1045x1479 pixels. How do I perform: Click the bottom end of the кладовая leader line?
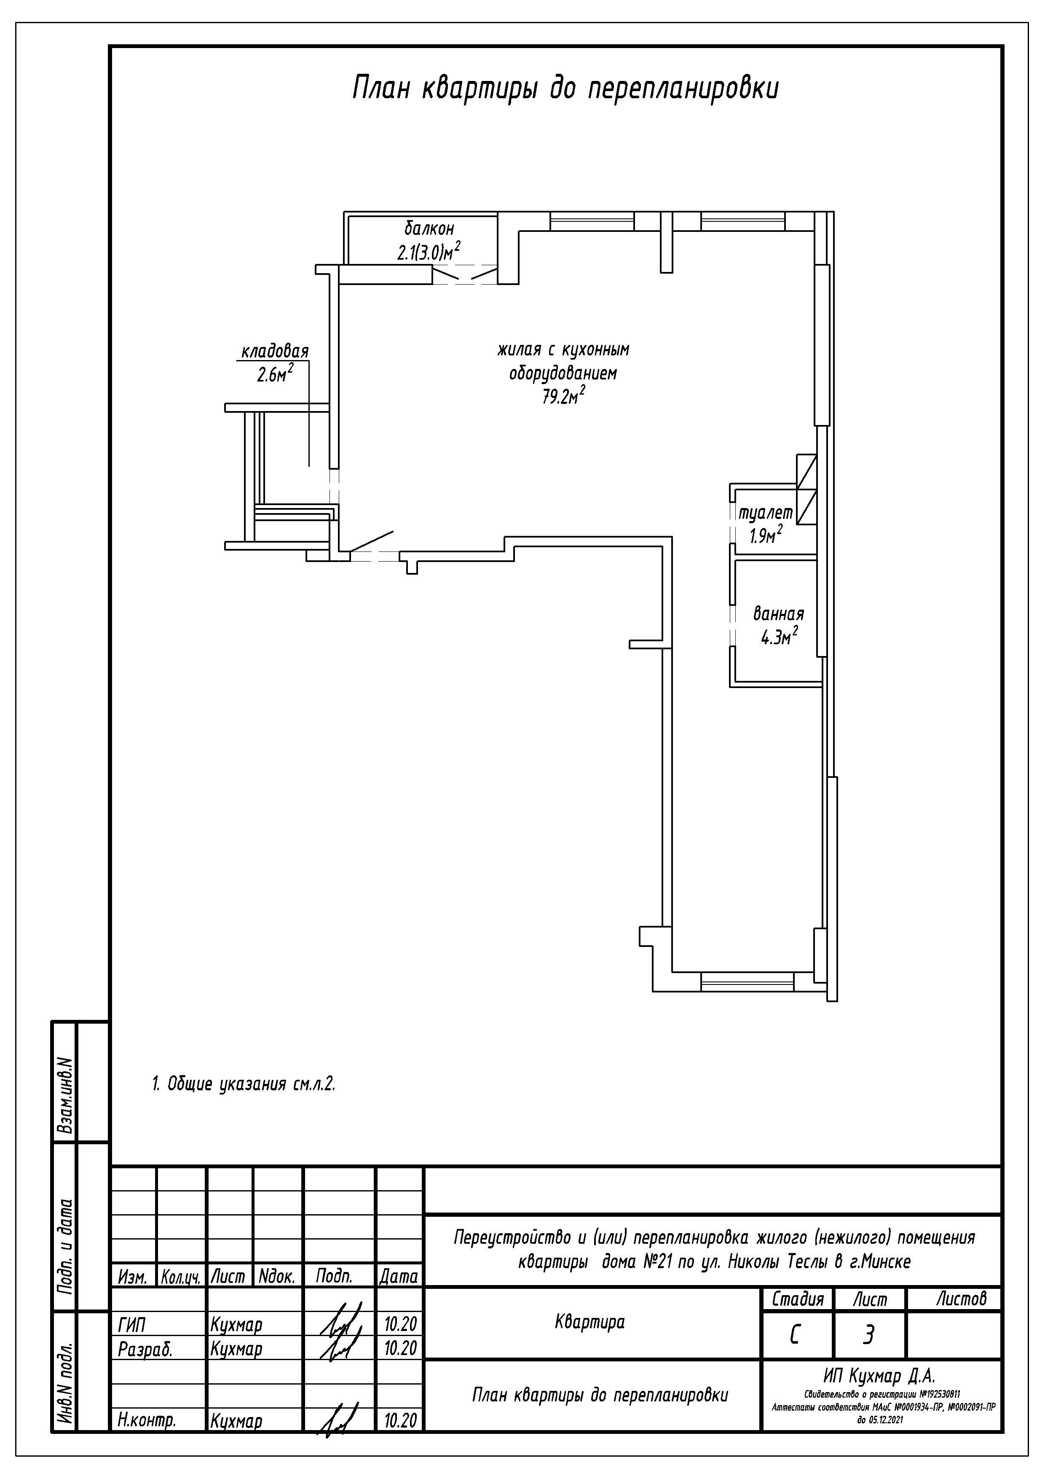[x=309, y=466]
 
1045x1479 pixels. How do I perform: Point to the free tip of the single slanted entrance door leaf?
[x=393, y=531]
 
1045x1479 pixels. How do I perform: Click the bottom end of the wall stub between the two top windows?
[x=667, y=272]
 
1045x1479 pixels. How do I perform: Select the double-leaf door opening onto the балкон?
[x=465, y=274]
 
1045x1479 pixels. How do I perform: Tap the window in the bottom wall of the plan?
[x=747, y=980]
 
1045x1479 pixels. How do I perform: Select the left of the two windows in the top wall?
[x=592, y=222]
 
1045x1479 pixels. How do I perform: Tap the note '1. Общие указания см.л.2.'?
[x=244, y=1084]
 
